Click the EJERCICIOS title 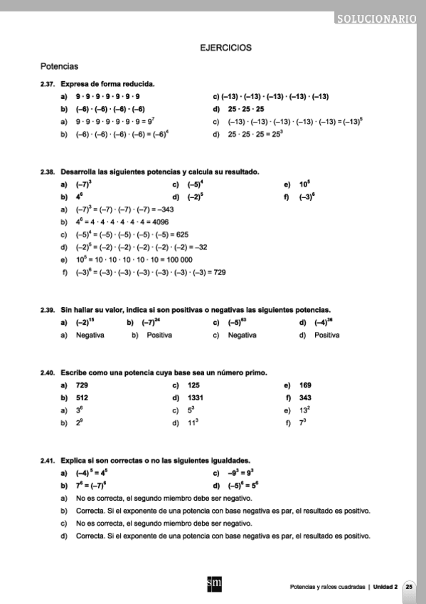pyautogui.click(x=226, y=48)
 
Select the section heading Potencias pyautogui.click(x=59, y=67)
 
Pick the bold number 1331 pyautogui.click(x=197, y=397)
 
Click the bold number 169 pyautogui.click(x=306, y=385)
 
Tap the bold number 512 pyautogui.click(x=82, y=397)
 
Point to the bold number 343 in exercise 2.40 pyautogui.click(x=306, y=397)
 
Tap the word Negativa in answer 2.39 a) pyautogui.click(x=90, y=335)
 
